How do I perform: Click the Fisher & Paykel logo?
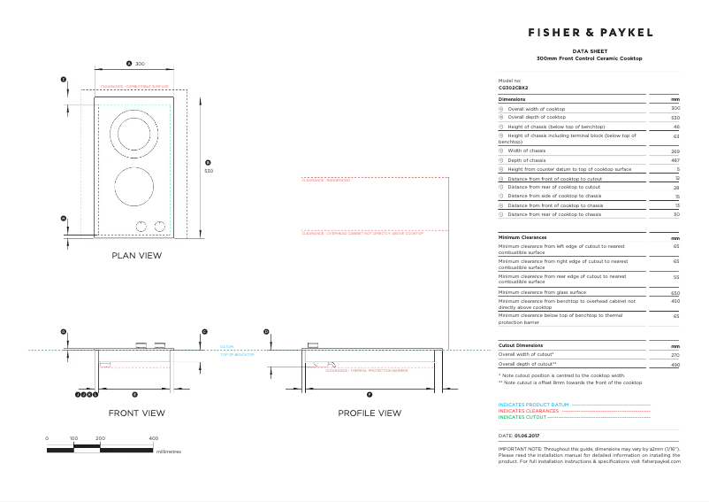coord(590,32)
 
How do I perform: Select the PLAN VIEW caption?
coord(136,255)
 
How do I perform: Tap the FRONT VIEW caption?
coord(136,413)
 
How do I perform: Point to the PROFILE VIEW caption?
coord(369,413)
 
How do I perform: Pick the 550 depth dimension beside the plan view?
coord(209,170)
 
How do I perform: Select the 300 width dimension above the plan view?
coord(140,64)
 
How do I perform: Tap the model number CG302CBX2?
coord(514,88)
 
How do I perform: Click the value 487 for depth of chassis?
coord(675,160)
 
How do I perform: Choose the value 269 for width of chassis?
coord(675,151)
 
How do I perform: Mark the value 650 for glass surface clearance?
coord(675,292)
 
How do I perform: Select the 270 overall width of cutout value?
coord(675,354)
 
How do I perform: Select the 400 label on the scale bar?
coord(153,438)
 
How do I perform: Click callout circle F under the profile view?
coord(370,393)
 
